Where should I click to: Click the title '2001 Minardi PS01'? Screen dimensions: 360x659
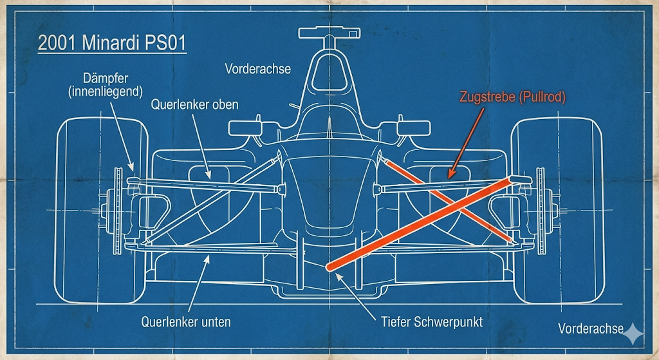[x=112, y=44]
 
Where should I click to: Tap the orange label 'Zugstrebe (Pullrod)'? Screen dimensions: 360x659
[x=512, y=97]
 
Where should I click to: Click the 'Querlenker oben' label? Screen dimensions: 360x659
[x=194, y=104]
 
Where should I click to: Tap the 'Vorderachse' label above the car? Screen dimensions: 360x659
[x=257, y=68]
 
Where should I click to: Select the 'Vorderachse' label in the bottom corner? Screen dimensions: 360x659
[x=591, y=328]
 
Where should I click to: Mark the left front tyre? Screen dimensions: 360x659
[x=97, y=209]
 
